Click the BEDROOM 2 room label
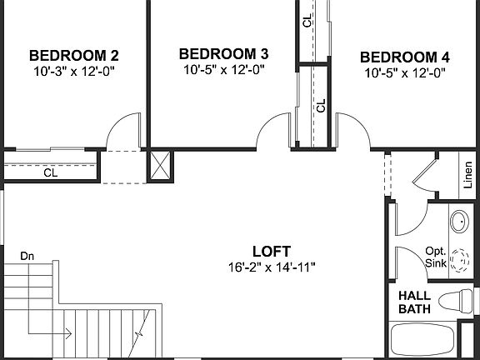pyautogui.click(x=74, y=56)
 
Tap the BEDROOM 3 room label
pyautogui.click(x=223, y=54)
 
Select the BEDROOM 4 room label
pyautogui.click(x=405, y=57)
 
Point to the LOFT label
pyautogui.click(x=272, y=251)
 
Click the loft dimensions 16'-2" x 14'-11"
pyautogui.click(x=272, y=267)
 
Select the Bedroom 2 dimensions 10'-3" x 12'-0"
pyautogui.click(x=74, y=72)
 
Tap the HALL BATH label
pyautogui.click(x=414, y=302)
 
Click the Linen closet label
pyautogui.click(x=467, y=177)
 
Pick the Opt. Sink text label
pyautogui.click(x=436, y=257)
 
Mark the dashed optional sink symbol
pyautogui.click(x=459, y=262)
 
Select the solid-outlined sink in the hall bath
pyautogui.click(x=459, y=222)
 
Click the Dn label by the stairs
pyautogui.click(x=27, y=255)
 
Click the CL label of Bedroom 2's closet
pyautogui.click(x=51, y=173)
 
